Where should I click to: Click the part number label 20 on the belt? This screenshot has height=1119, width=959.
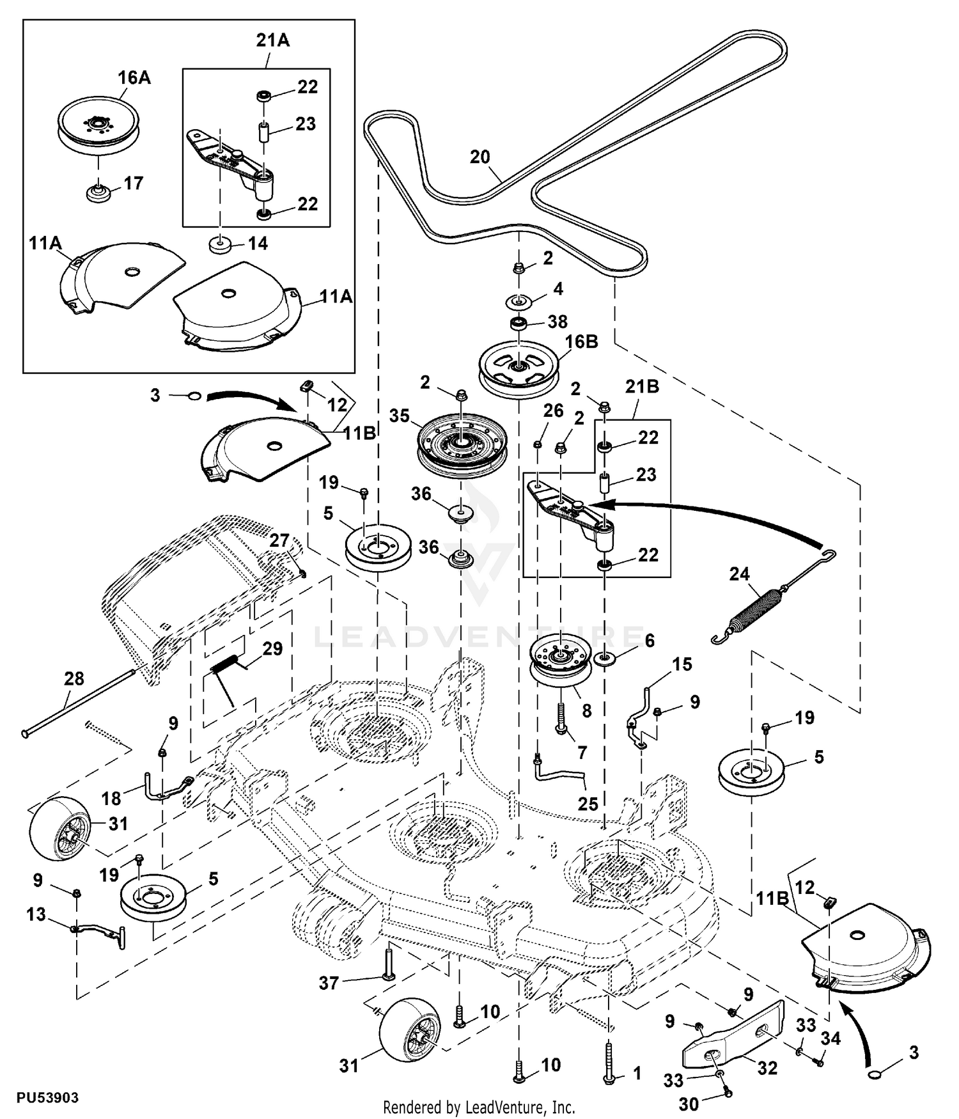coord(479,157)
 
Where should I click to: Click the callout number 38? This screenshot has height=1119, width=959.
coord(557,321)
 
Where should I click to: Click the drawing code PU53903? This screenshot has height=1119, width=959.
coord(47,1098)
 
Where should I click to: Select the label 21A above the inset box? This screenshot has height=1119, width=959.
coord(272,40)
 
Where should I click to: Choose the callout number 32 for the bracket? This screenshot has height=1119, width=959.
coord(767,1068)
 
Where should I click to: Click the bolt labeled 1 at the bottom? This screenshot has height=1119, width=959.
coord(609,1063)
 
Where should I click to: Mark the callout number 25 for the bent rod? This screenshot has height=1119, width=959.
coord(588,804)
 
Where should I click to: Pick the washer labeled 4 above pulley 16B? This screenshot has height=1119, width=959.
coord(519,299)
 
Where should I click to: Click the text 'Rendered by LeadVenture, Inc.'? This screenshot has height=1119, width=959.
coord(479,1107)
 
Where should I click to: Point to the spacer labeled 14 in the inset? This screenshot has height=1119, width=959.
coord(221,244)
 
